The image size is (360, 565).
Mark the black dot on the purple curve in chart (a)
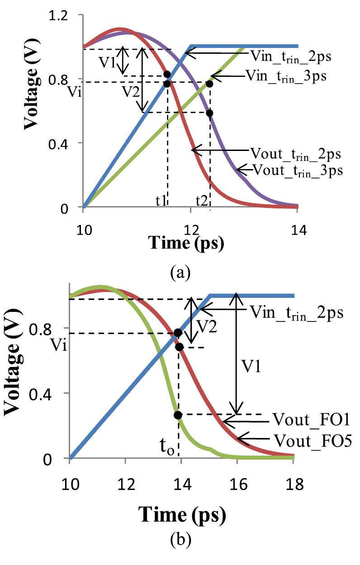[209, 113]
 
